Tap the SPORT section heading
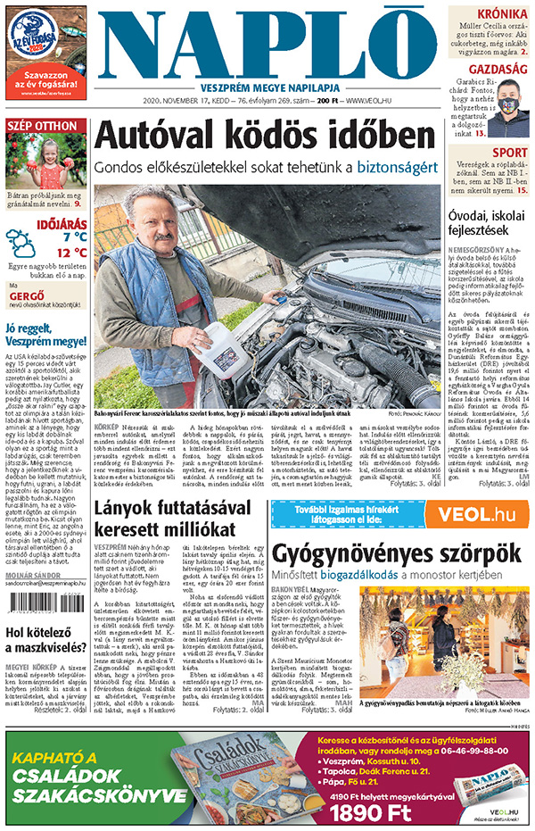click(x=511, y=153)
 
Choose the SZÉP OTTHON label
click(x=42, y=126)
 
